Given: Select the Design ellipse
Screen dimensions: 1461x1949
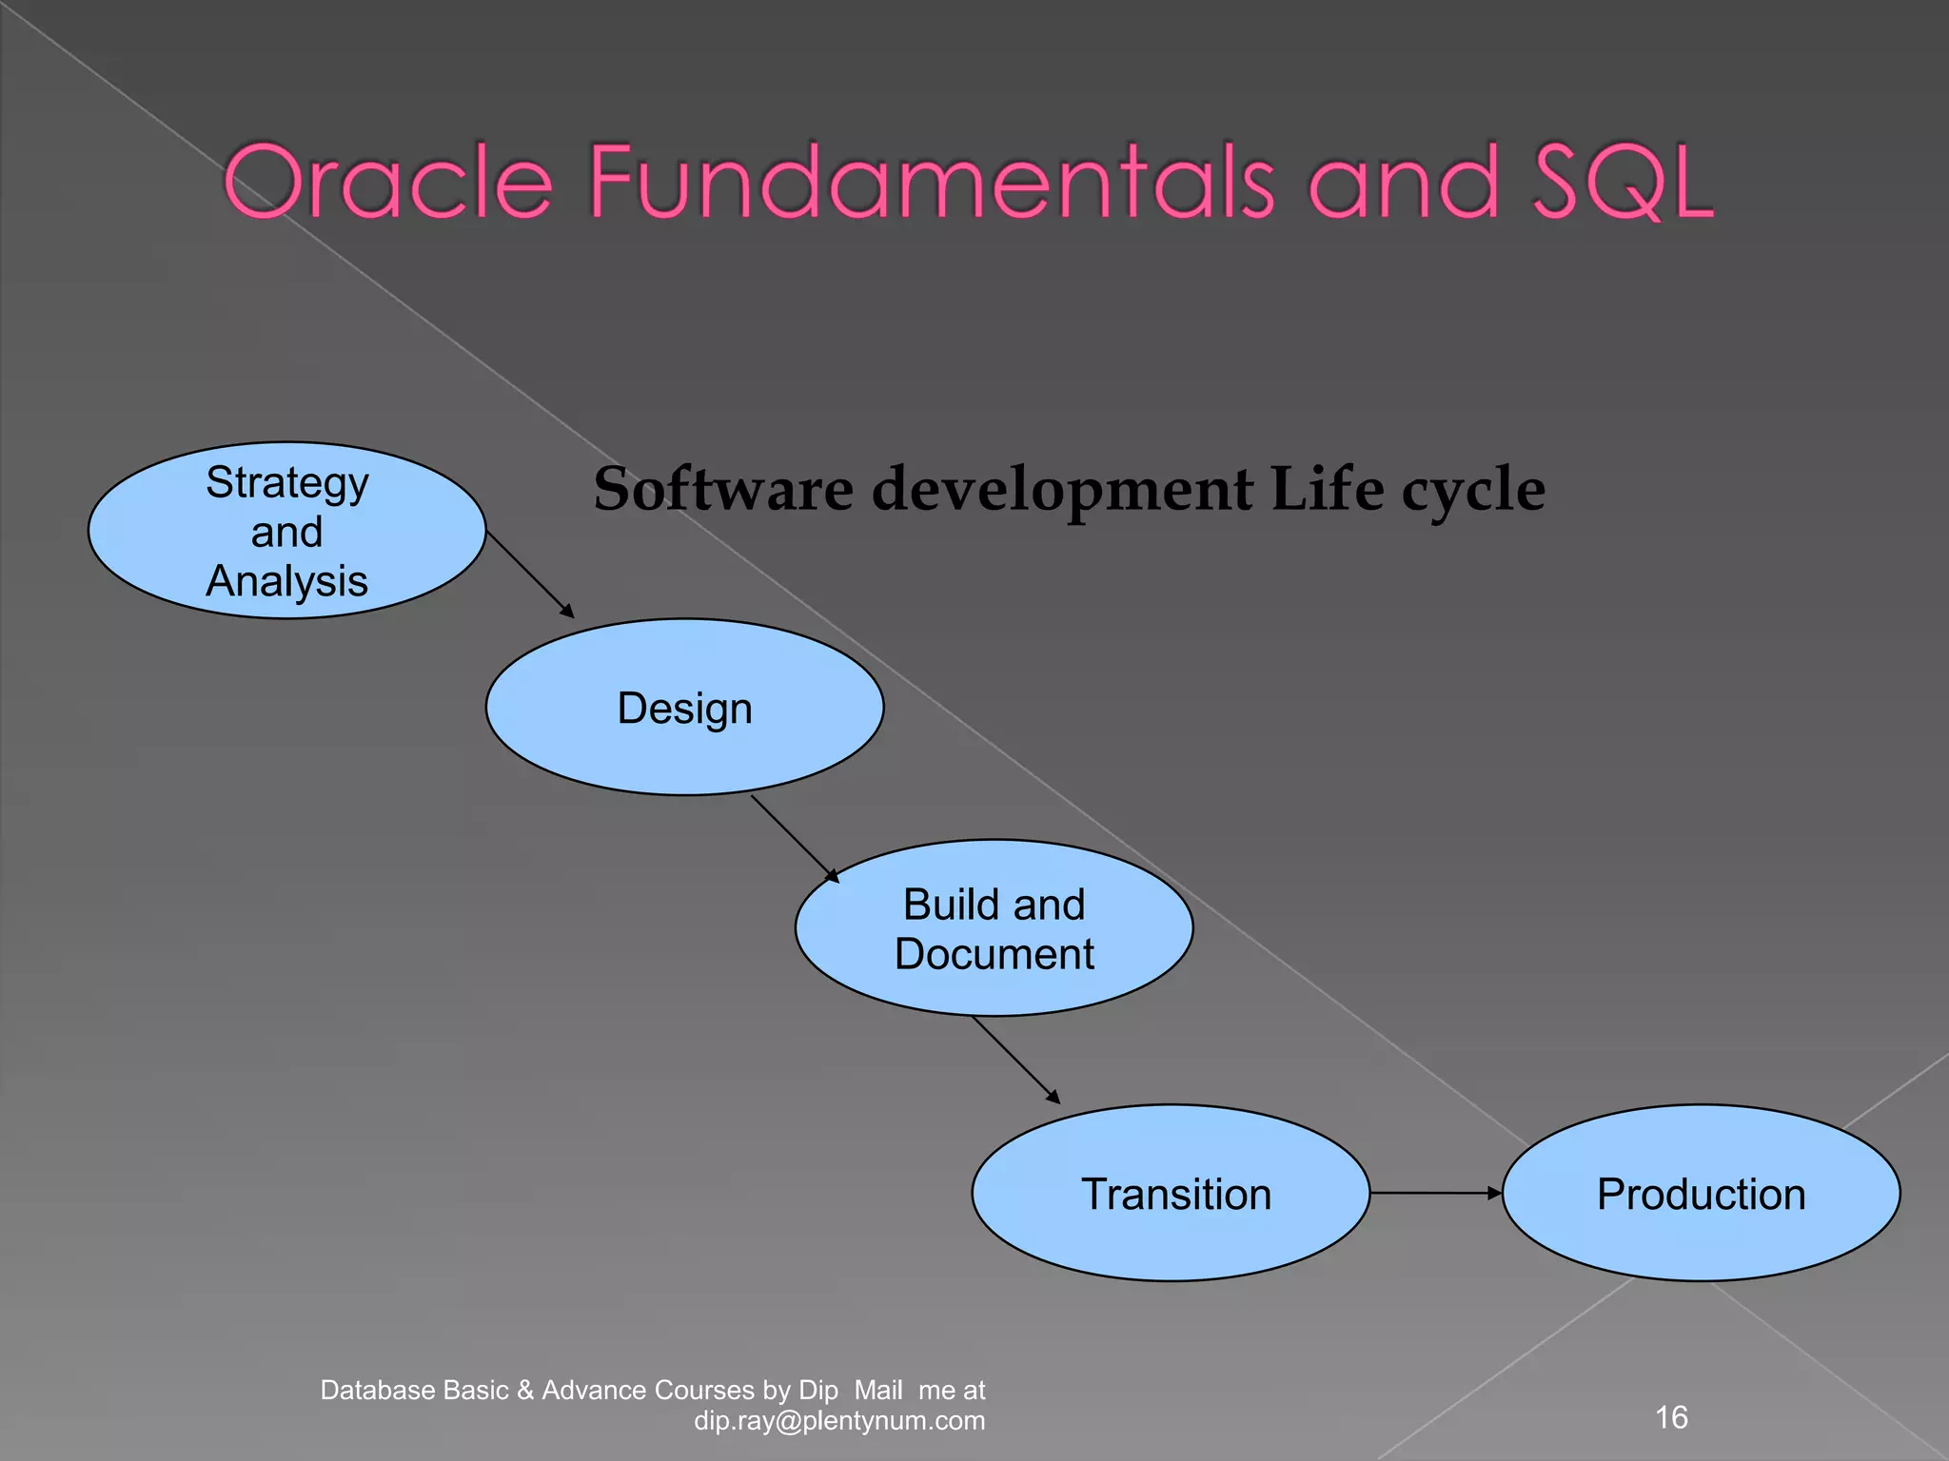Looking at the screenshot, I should coord(684,707).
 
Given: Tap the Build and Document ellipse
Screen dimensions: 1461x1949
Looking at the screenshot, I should coord(994,927).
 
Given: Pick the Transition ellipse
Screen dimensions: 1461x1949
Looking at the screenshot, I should coord(1171,1193).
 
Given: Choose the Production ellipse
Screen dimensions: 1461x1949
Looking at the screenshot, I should coord(1701,1193).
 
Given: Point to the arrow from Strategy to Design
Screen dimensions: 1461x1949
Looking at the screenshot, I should coord(529,574).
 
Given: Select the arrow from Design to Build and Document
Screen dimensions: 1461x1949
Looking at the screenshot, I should coord(794,838).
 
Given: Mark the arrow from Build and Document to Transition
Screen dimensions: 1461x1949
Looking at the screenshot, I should coord(1014,1059).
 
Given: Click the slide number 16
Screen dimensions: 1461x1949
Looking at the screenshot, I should coord(1671,1417).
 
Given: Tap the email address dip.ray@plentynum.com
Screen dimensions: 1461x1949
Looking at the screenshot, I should coord(839,1421).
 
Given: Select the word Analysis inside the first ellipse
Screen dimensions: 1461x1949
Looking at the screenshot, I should coord(286,581).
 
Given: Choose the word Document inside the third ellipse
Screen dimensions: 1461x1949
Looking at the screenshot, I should coord(994,954).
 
